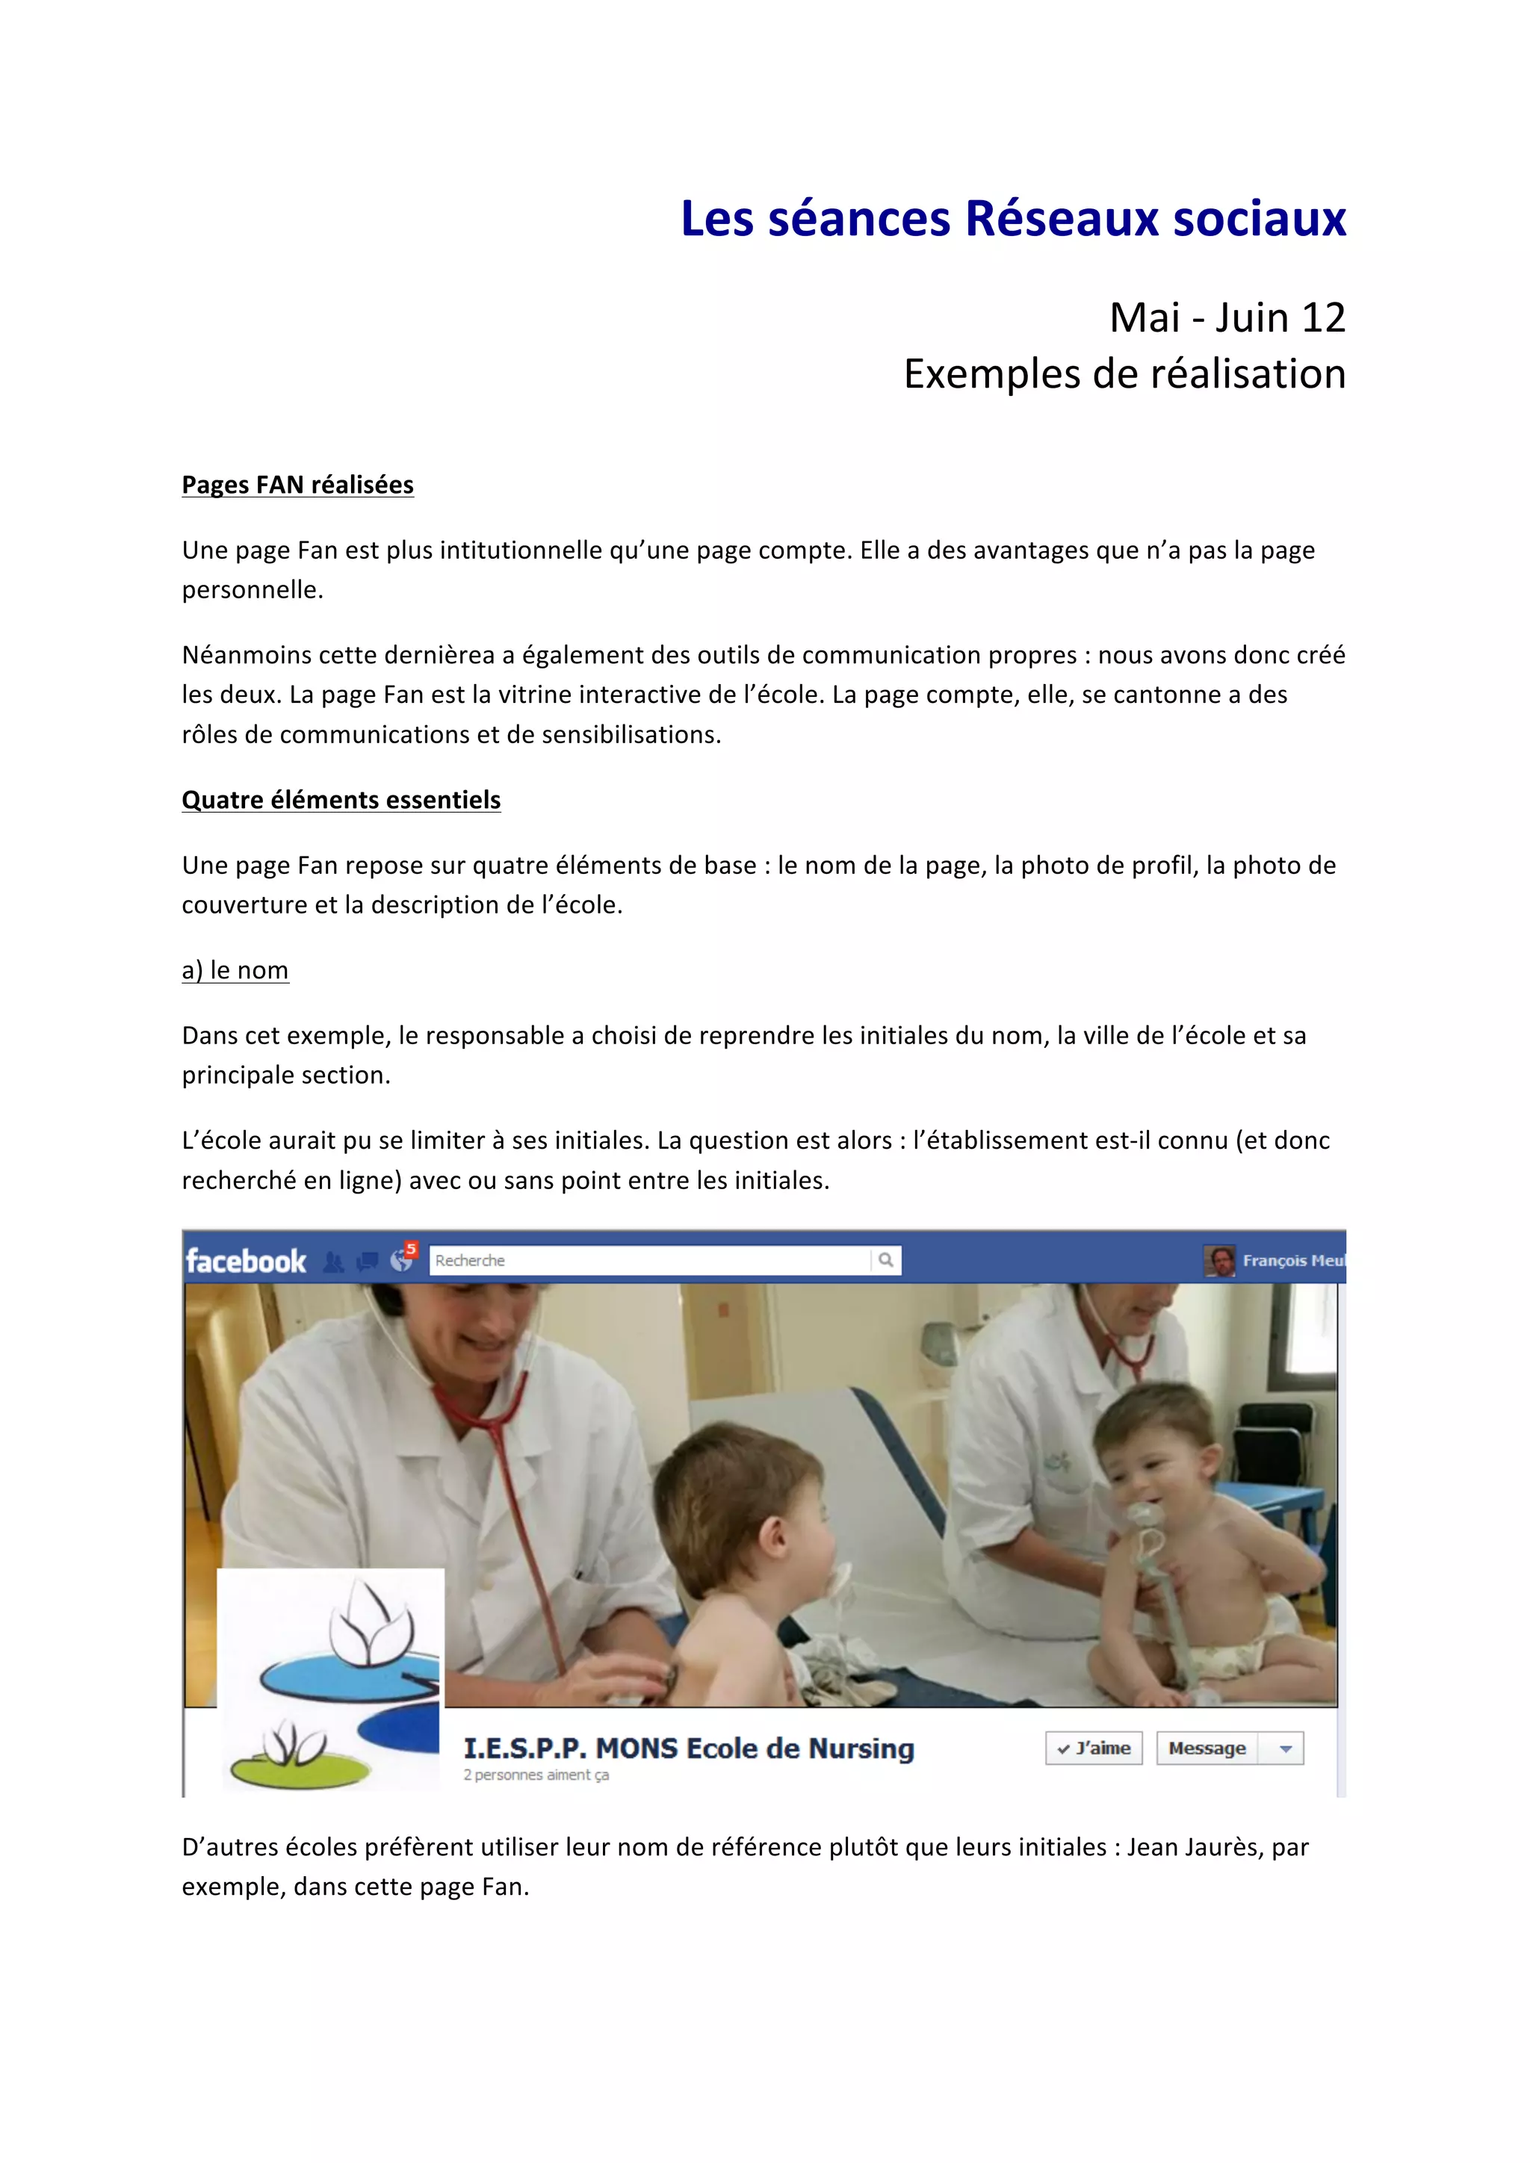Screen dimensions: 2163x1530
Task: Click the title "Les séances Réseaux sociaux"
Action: pos(1013,219)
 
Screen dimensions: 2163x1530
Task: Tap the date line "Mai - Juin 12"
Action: pos(1227,317)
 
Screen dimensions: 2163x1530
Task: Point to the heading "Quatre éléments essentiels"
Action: pos(341,800)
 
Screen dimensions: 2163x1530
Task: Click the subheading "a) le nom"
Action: pos(235,969)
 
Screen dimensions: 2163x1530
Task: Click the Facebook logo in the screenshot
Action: pos(246,1261)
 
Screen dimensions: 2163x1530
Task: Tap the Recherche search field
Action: pos(650,1261)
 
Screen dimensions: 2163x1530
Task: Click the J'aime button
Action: pos(1094,1748)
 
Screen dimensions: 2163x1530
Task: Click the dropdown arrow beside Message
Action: pos(1285,1748)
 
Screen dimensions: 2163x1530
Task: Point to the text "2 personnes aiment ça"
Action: pos(536,1775)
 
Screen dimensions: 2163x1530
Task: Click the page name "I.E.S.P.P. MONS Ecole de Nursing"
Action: pos(689,1748)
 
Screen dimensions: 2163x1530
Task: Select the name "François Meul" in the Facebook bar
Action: pos(1292,1261)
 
